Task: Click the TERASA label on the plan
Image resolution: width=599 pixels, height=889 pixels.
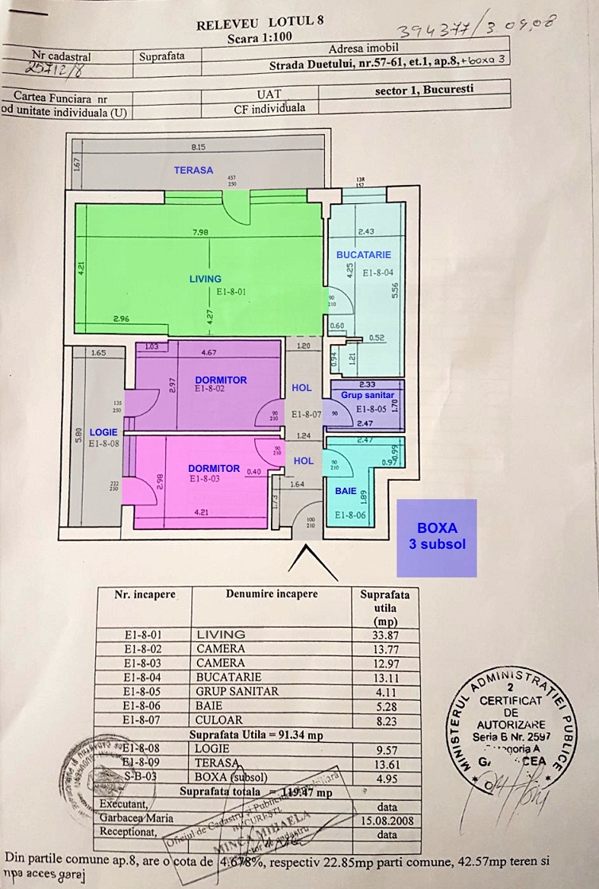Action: click(194, 170)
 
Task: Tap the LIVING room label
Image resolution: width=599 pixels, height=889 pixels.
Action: click(205, 279)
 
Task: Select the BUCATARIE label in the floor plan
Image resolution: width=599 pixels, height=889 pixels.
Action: click(364, 255)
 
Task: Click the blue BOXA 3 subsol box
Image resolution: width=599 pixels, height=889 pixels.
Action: click(437, 537)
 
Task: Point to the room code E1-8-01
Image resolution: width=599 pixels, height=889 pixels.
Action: click(232, 292)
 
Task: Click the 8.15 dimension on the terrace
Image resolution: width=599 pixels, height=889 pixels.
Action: click(199, 147)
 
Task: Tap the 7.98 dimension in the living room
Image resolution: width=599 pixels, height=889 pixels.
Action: click(199, 232)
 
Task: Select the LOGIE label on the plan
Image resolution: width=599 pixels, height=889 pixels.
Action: click(104, 431)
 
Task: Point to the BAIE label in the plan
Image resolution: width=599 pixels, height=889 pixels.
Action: click(346, 492)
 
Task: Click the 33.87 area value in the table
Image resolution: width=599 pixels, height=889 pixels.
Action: click(385, 634)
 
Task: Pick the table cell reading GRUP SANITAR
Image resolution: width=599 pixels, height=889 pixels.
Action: click(238, 691)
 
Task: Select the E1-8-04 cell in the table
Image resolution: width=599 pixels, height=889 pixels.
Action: click(144, 677)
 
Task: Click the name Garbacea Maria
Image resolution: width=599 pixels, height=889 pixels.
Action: click(137, 817)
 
